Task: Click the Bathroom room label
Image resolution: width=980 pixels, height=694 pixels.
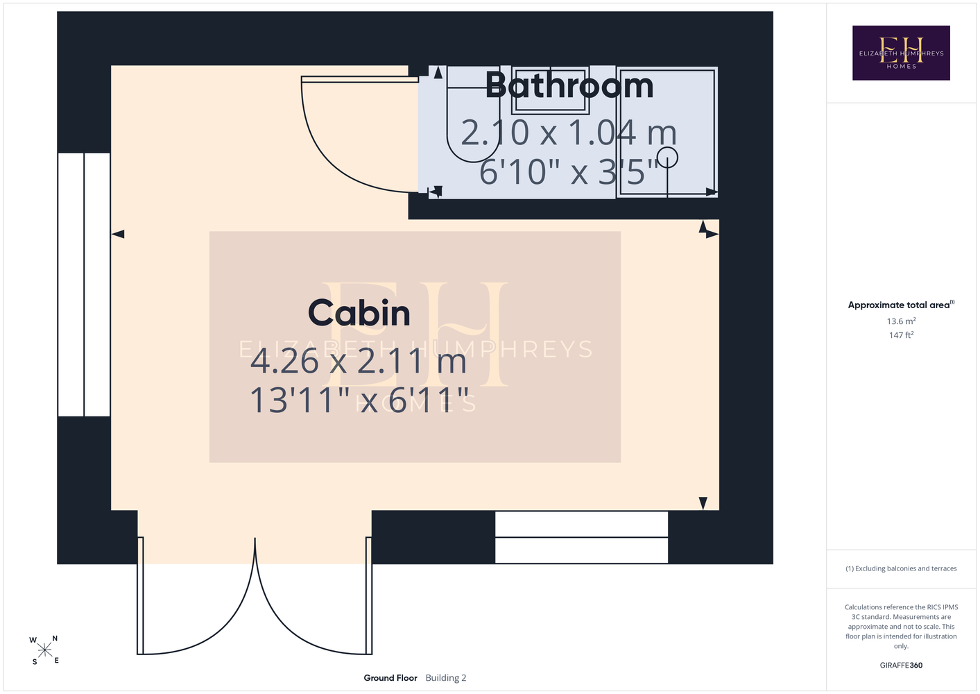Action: tap(569, 85)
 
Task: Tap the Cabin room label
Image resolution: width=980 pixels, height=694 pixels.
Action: tap(359, 312)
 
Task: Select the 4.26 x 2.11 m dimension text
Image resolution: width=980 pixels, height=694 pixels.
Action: tap(359, 362)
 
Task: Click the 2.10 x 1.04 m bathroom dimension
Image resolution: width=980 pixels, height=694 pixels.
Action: tap(569, 133)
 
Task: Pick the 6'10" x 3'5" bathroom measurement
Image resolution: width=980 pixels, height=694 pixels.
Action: tap(569, 171)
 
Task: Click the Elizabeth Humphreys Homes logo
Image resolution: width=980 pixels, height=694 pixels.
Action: tap(901, 53)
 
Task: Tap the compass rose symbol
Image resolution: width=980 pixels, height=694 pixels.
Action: tap(44, 650)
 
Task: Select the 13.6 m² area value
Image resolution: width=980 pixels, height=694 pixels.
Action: tap(901, 321)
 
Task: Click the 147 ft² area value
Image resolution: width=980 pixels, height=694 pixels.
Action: tap(901, 335)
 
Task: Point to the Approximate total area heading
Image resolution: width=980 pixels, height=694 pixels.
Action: tap(901, 305)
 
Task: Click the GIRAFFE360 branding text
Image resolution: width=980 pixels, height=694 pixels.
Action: tap(901, 665)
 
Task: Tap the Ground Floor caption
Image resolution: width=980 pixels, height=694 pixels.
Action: tap(390, 678)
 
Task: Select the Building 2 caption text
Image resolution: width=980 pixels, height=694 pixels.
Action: tap(446, 678)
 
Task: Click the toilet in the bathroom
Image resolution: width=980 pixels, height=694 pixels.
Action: tap(473, 115)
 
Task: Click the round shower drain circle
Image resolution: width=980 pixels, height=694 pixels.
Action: tap(667, 158)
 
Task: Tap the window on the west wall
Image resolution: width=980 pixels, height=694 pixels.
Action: tap(83, 285)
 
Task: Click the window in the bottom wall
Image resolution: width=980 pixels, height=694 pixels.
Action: tap(581, 537)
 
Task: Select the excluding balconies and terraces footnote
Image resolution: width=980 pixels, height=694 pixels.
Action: tap(901, 568)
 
